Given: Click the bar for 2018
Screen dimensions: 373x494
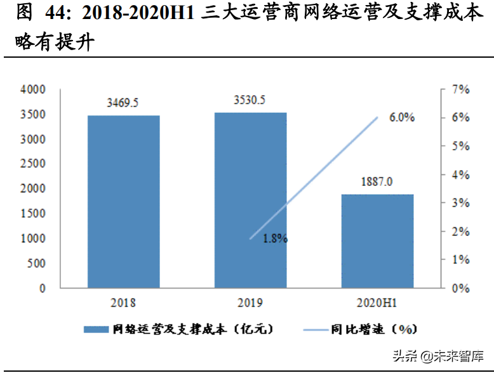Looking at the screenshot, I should coord(123,201).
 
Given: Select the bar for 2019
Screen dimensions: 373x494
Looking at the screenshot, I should coord(250,200).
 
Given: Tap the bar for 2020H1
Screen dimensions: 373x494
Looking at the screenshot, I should coord(378,240).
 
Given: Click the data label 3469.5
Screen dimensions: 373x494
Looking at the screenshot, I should coord(123,103).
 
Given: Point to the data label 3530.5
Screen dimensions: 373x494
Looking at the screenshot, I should coord(250,100).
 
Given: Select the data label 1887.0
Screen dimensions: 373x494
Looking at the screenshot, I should coord(378,181).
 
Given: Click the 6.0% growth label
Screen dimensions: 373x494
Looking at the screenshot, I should coord(401,118).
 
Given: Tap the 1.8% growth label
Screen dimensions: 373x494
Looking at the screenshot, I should coord(275,239).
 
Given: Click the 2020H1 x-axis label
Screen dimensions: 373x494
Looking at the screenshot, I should coord(378,303).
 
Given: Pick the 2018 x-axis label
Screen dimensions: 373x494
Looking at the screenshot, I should coord(123,303).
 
